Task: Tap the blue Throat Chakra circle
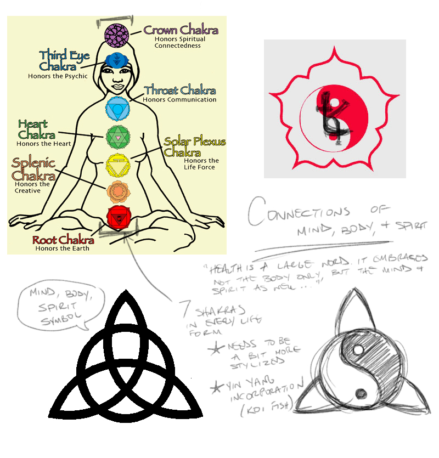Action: point(117,108)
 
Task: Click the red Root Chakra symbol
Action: point(117,218)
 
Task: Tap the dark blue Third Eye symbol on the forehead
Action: point(116,59)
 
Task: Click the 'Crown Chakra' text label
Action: point(181,30)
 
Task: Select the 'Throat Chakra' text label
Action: point(180,91)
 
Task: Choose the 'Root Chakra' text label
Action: point(61,240)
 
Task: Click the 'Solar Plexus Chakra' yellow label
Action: point(194,146)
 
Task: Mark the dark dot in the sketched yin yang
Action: point(361,393)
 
